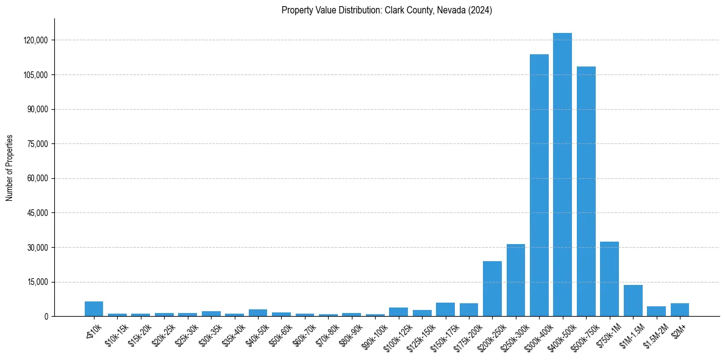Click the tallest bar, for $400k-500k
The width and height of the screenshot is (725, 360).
[562, 175]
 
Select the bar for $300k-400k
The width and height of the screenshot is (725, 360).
[539, 185]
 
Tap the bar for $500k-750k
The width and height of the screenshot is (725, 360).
[586, 191]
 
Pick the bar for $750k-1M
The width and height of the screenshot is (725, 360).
[609, 279]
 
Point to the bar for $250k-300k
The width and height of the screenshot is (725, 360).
[516, 280]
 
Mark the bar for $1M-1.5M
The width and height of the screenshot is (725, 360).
[633, 301]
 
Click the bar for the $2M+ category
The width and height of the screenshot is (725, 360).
[680, 310]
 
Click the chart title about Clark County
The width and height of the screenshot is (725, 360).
[387, 10]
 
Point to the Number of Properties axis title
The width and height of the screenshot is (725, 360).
[10, 167]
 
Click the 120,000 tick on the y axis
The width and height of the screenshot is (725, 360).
[35, 40]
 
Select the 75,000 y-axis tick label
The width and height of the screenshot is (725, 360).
[37, 144]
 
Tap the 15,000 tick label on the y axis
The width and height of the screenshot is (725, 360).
[37, 282]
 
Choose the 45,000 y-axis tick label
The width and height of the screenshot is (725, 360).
[37, 213]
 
